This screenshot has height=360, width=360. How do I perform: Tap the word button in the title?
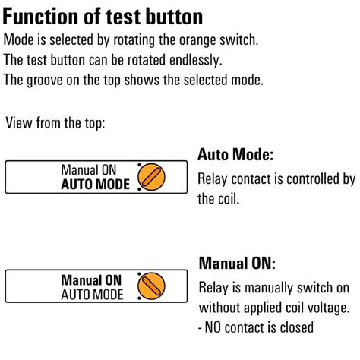(x=174, y=17)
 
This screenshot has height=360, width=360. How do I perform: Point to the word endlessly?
(x=196, y=61)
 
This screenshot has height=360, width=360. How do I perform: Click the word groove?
(x=45, y=81)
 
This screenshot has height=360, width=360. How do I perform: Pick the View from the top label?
(x=55, y=123)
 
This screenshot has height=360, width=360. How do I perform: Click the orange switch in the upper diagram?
(x=151, y=177)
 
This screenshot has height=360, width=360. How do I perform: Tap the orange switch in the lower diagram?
(x=151, y=286)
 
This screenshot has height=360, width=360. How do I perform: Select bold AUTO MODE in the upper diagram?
(x=96, y=185)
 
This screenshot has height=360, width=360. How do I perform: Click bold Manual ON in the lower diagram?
(x=91, y=280)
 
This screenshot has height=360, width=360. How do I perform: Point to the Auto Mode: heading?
(x=235, y=154)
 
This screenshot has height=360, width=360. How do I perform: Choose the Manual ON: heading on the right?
(x=237, y=264)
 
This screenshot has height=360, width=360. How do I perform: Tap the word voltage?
(x=328, y=308)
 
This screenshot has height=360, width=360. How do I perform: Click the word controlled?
(x=314, y=179)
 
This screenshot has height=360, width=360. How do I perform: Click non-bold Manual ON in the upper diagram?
(x=89, y=170)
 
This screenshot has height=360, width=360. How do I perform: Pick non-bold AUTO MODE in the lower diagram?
(x=92, y=295)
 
